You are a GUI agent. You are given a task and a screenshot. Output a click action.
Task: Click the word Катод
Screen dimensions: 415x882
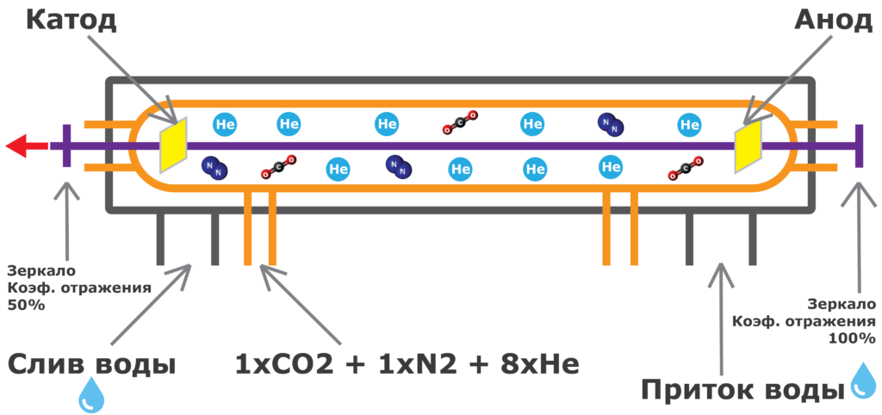[70, 19]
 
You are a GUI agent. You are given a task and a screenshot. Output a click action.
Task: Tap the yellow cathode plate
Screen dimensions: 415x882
[173, 146]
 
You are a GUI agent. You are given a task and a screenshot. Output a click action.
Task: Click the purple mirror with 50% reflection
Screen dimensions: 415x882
[65, 146]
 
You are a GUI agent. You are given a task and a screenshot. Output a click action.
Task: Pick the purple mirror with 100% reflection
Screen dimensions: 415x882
[858, 146]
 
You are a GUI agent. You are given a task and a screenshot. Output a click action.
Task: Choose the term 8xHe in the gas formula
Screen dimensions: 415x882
[533, 364]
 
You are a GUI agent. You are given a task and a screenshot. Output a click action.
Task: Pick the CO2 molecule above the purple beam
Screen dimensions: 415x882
[460, 123]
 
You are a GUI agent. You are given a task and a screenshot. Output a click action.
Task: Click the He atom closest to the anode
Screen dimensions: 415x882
[690, 125]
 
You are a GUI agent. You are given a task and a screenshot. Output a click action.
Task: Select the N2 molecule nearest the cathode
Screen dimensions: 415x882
[213, 168]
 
